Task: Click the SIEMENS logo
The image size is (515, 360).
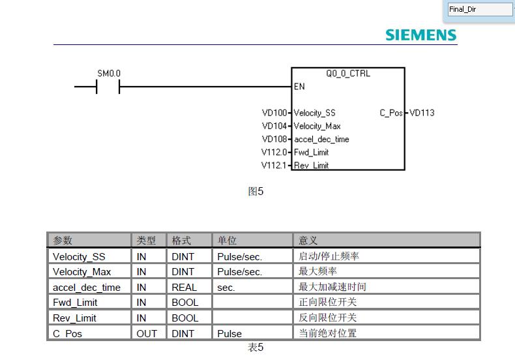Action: pos(420,35)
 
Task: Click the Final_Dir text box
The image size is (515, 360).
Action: pos(480,9)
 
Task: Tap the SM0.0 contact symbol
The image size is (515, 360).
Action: pos(108,86)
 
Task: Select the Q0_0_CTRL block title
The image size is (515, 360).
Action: pos(347,74)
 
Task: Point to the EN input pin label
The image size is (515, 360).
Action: pos(299,87)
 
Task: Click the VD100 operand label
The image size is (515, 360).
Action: pos(274,113)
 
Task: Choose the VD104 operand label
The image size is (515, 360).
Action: pos(274,126)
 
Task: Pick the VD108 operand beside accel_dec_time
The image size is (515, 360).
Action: pos(274,139)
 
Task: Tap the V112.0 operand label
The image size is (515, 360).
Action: pos(274,152)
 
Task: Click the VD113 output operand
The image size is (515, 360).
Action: pos(422,113)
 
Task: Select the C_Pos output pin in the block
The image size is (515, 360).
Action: pos(391,113)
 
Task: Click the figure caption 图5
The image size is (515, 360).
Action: pos(256,191)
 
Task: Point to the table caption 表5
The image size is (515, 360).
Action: pos(256,348)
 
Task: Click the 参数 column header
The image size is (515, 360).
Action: pos(63,241)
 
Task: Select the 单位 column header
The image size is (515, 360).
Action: pos(227,241)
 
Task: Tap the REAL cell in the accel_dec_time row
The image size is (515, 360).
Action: pos(184,287)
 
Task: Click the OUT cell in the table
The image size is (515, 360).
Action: pos(147,333)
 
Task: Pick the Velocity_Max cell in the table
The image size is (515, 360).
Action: pos(81,271)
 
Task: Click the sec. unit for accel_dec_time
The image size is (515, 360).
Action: pos(226,287)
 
